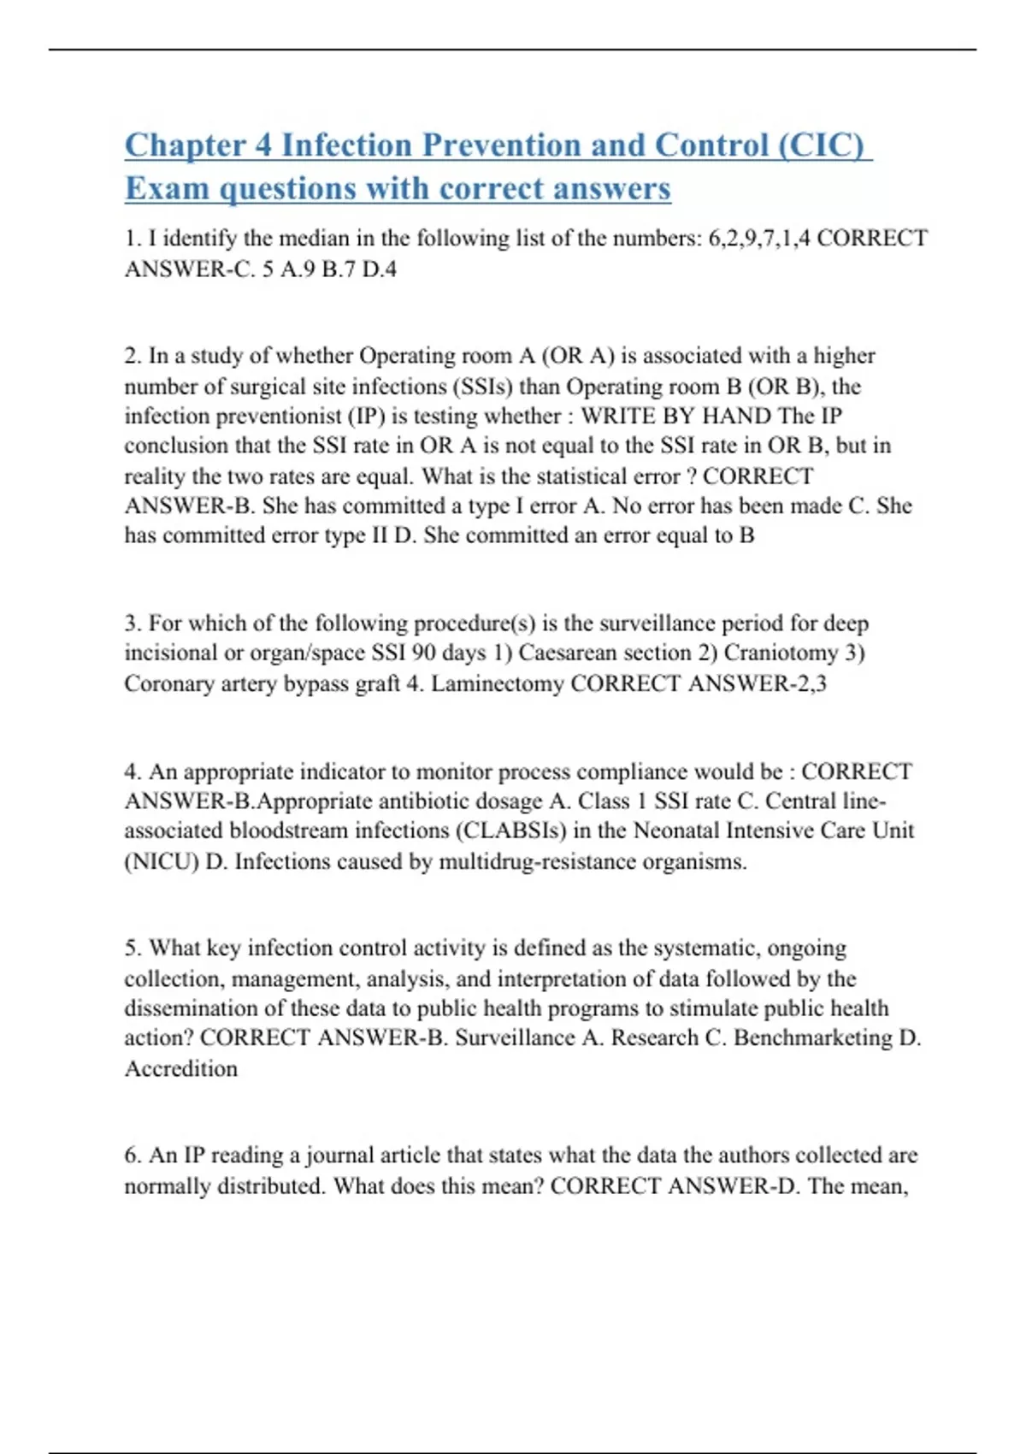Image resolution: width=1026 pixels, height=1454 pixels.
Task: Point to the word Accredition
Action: tap(181, 1068)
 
